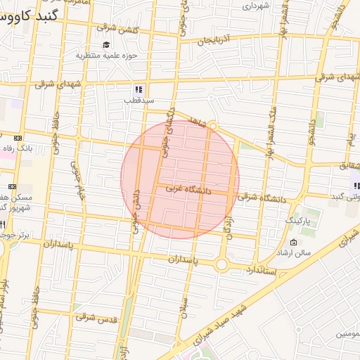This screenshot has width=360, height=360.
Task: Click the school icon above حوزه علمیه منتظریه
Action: coord(106,45)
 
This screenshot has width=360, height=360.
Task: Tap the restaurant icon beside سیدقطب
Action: coord(139,89)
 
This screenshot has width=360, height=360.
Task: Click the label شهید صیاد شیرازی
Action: coord(243,309)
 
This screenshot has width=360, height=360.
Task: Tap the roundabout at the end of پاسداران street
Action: coord(223,264)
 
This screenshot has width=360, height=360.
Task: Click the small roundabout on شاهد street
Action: coord(214,127)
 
